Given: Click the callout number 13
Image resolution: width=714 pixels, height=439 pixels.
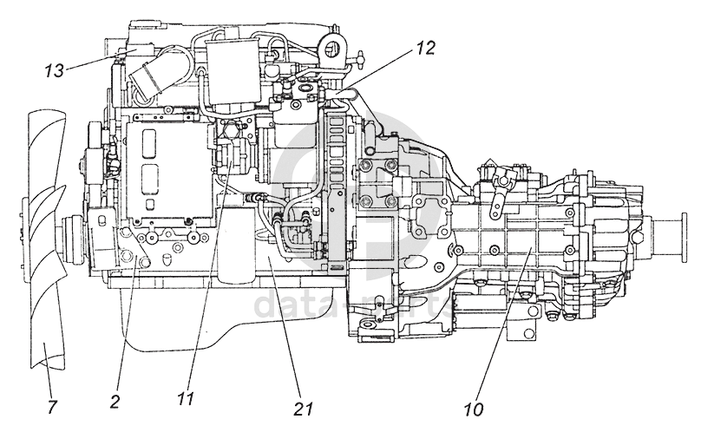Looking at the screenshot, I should [x=54, y=70].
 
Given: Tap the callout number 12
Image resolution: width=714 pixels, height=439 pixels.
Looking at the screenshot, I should [x=425, y=49].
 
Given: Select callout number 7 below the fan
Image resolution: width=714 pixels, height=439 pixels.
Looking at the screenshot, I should [x=52, y=406].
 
